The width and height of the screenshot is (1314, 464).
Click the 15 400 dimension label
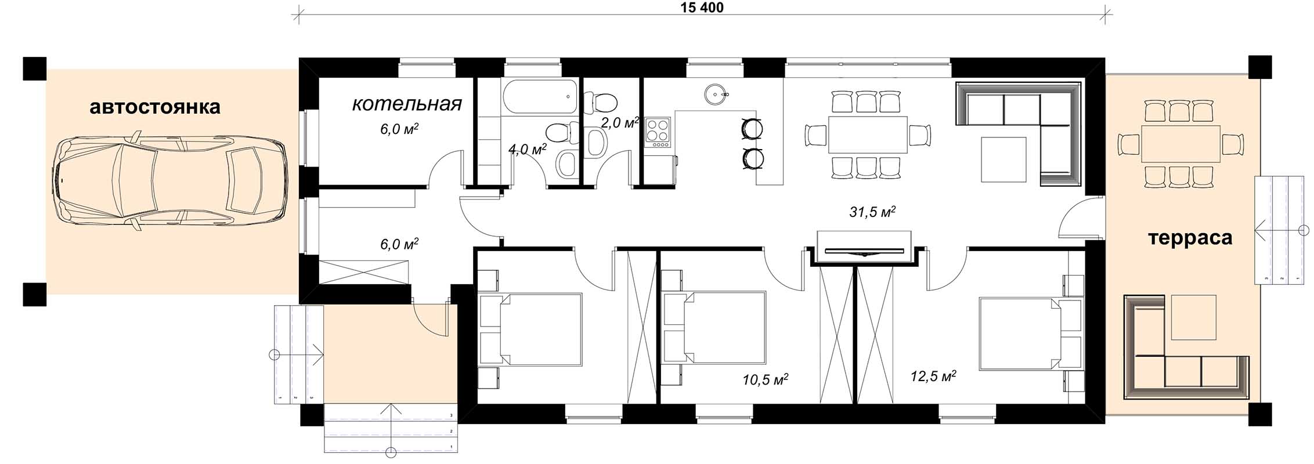point(702,8)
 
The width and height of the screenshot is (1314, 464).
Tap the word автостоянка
point(155,107)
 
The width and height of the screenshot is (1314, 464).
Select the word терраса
point(1190,238)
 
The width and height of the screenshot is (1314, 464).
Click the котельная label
point(407,104)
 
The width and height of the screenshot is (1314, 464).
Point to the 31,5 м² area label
point(872,212)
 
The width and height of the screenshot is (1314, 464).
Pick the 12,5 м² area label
point(933,376)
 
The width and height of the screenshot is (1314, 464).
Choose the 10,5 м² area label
point(765,380)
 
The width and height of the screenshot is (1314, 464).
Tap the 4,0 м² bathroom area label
point(528,150)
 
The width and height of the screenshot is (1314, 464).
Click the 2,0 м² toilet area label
point(620,122)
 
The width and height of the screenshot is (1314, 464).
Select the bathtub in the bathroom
point(540,97)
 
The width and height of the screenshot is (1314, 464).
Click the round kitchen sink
point(715,93)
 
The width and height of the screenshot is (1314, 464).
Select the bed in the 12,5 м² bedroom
point(1020,333)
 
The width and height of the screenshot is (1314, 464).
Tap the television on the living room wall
point(864,251)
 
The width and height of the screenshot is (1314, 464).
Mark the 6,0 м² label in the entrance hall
point(399,244)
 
